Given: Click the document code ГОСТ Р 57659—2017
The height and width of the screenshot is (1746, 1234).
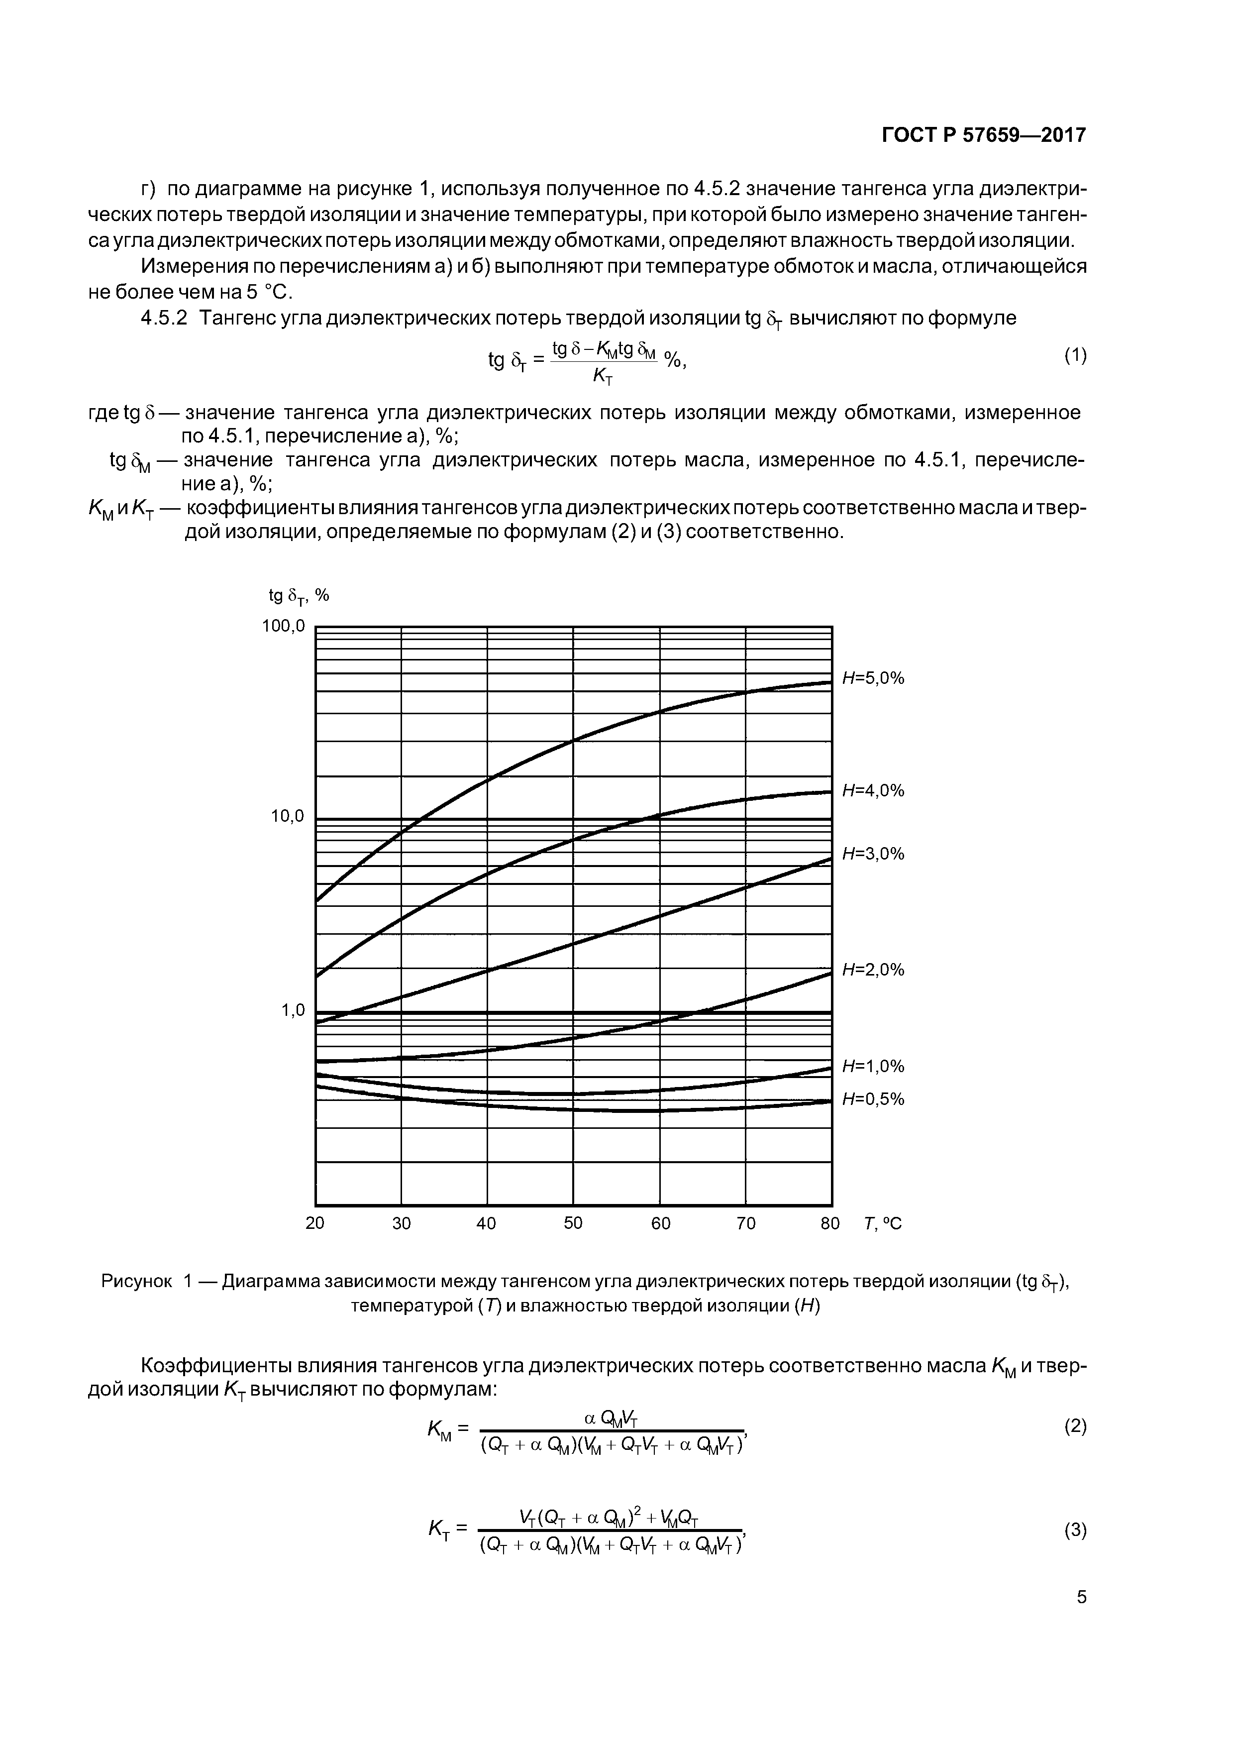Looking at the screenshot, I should pos(984,135).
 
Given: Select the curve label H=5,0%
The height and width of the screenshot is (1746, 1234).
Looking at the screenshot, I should pos(873,678).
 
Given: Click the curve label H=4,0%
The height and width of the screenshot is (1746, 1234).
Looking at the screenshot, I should pos(873,791).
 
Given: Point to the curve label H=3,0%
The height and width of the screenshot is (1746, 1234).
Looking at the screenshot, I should pos(873,854).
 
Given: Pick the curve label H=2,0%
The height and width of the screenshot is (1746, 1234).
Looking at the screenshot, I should pos(873,970).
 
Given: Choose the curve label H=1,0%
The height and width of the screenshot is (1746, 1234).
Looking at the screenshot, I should pos(873,1066).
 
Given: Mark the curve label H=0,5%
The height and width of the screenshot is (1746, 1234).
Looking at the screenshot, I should pos(873,1099).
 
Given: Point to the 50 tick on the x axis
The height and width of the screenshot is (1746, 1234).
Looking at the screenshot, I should pos(573,1223).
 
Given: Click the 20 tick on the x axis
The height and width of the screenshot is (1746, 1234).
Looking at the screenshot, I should pos(315,1223).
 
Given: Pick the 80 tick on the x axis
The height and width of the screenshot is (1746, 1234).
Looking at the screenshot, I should pos(830,1223).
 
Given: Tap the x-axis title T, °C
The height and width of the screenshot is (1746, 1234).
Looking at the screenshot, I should pos(882,1223).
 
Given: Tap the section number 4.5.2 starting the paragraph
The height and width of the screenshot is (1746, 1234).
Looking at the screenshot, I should pos(164,318).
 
